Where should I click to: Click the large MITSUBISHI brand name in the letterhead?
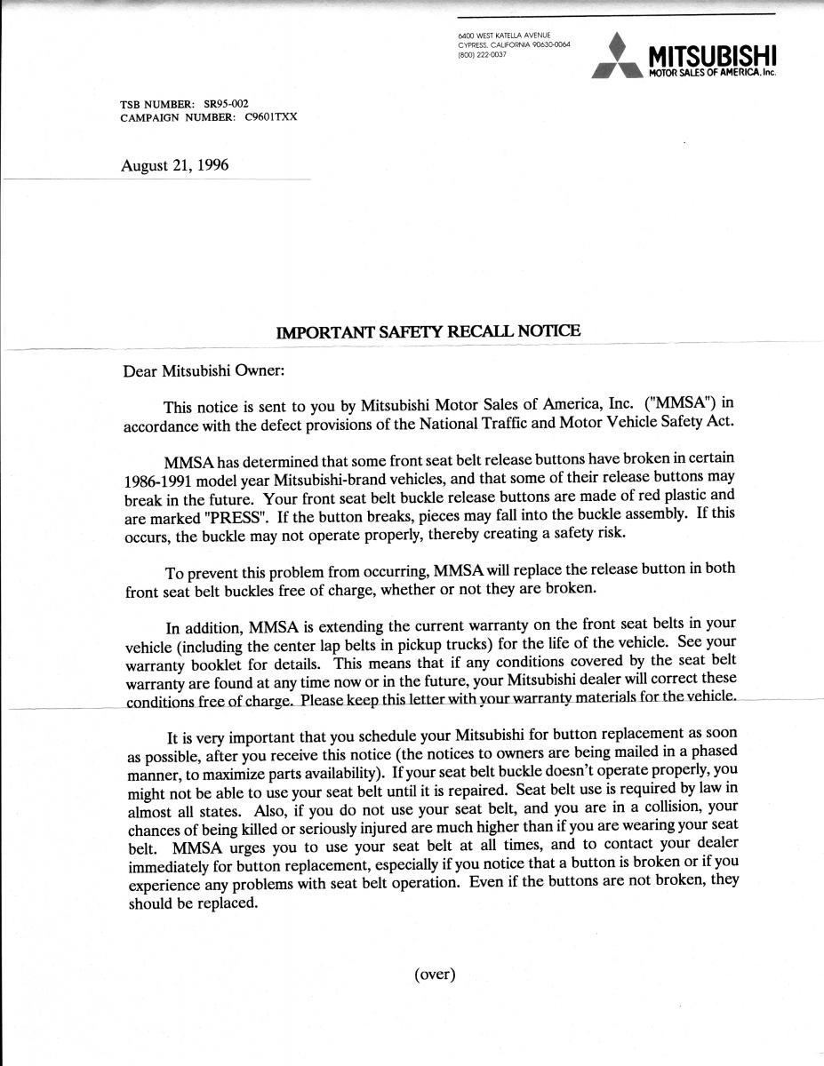712,55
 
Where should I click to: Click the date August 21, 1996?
174,164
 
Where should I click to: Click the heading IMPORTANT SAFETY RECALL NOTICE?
428,331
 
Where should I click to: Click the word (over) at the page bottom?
435,975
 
